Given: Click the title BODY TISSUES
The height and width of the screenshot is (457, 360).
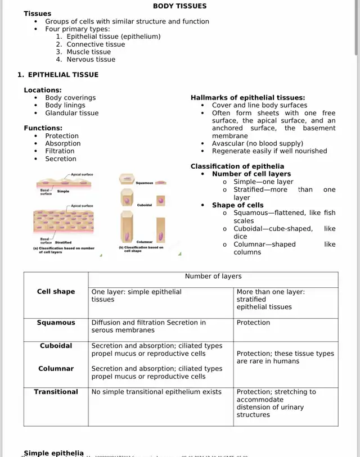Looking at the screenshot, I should point(180,6).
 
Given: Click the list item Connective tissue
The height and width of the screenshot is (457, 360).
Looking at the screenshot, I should point(96,44).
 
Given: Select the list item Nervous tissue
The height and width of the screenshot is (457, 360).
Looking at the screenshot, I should point(91,60).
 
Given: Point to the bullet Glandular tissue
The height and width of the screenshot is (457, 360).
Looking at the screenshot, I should point(71,113).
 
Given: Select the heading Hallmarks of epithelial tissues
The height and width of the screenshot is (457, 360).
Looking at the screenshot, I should point(247,98).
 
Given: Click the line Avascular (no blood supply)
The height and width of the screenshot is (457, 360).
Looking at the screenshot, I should point(257,143).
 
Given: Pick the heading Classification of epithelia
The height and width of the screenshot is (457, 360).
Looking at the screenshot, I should point(237,166).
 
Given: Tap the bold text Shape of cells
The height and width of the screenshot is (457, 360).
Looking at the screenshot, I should point(237,205).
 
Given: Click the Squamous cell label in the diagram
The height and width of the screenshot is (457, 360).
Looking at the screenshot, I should point(144,183).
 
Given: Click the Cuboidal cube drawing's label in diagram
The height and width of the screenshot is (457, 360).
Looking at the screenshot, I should point(144,206).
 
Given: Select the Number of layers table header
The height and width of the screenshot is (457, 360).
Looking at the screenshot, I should point(213,277).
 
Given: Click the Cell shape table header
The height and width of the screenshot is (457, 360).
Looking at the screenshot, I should point(56,292).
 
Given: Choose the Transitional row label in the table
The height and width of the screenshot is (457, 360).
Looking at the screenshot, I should point(56,392).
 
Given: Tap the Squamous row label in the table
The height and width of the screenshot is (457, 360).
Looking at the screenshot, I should point(56,323).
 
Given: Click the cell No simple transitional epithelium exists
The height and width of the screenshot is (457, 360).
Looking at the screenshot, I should point(156,392).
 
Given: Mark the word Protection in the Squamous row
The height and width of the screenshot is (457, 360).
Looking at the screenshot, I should point(253,323).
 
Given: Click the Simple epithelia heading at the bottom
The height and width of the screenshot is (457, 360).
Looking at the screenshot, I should point(53,453).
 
